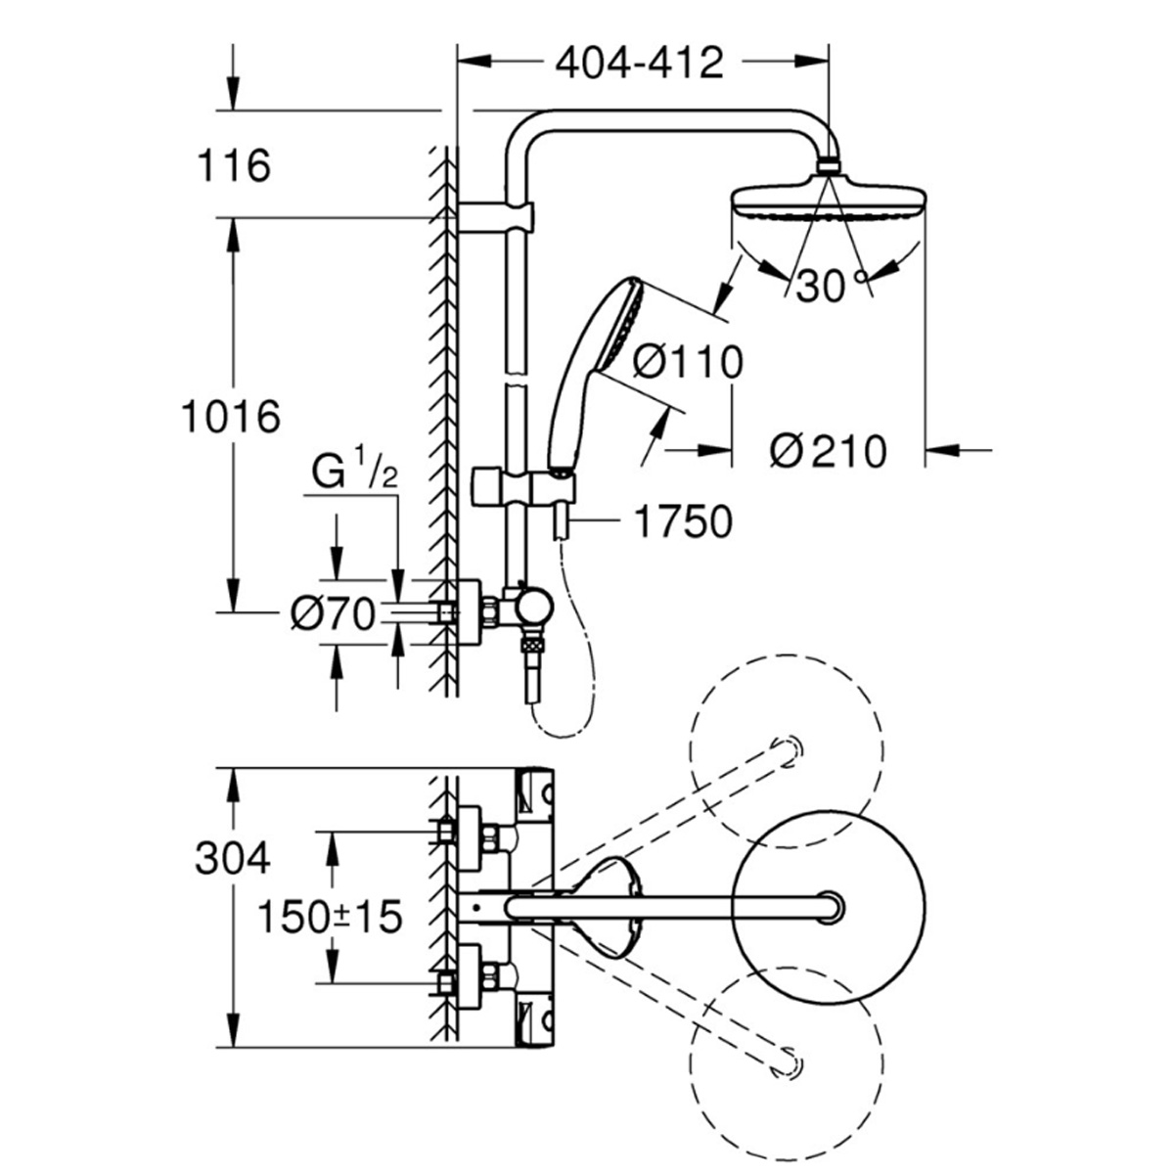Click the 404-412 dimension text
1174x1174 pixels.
click(640, 63)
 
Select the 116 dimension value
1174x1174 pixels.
click(233, 166)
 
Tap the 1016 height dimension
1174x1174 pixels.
click(231, 418)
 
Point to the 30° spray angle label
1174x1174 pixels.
click(830, 287)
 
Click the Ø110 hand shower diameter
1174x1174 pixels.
click(687, 363)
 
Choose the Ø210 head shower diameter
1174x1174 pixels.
click(828, 451)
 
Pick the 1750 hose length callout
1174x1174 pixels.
click(682, 523)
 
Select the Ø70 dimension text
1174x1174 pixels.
click(334, 615)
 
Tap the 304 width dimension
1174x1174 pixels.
click(232, 859)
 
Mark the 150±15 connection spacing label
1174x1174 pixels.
click(330, 917)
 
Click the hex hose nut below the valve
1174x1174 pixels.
click(532, 645)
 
